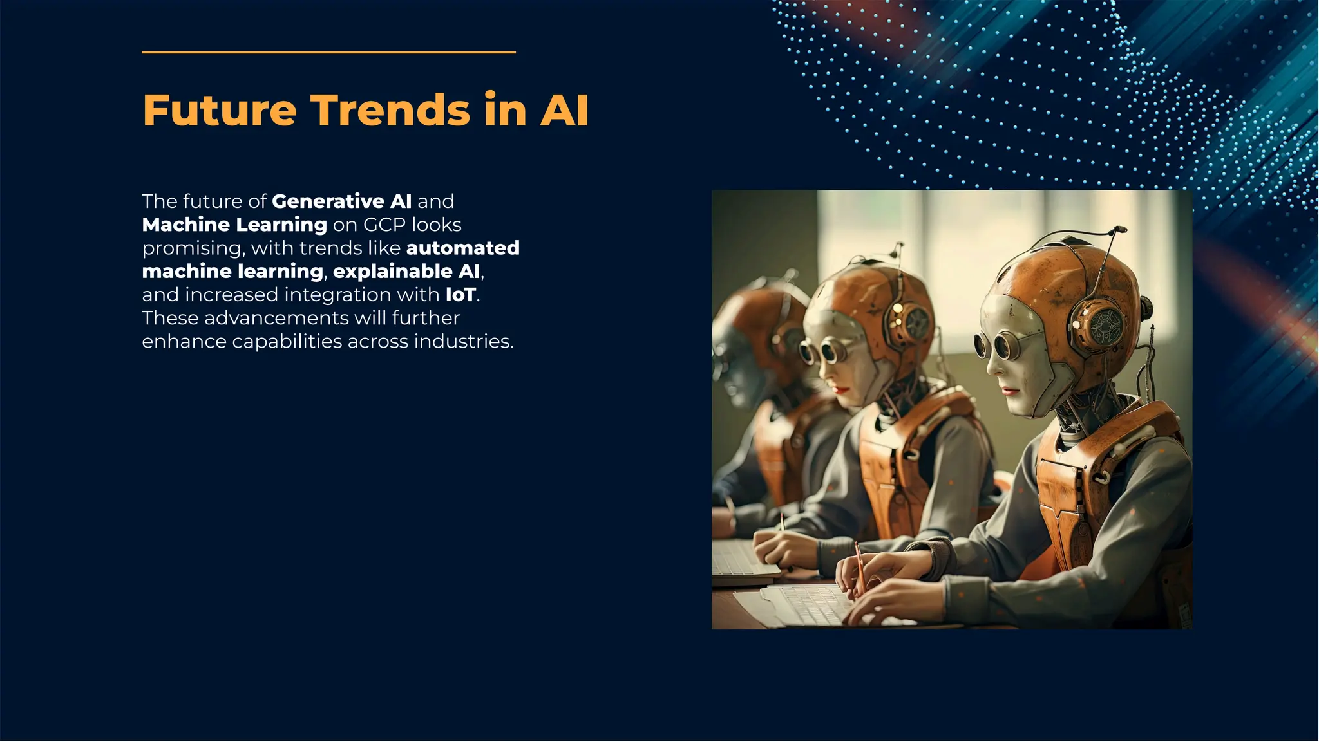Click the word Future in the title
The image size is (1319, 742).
coord(219,110)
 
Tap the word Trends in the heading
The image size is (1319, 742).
coord(391,110)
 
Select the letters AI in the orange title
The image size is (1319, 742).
coord(564,110)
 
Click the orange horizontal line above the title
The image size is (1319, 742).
coord(328,52)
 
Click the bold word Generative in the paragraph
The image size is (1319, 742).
coord(328,201)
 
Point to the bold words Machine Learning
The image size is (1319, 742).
coord(234,225)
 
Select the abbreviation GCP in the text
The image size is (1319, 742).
coord(384,225)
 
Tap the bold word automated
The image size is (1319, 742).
coord(462,248)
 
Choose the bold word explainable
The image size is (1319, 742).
coord(392,272)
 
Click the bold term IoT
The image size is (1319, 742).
coord(460,295)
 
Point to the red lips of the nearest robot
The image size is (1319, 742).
coord(1010,391)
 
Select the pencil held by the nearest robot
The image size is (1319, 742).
coord(859,567)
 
